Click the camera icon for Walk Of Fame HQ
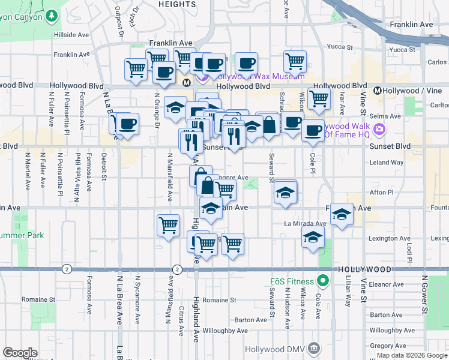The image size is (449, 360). pos(379,129)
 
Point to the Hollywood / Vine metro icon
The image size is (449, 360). pos(378,91)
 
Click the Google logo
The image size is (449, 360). pos(20,353)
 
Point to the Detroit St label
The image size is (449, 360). pos(104,166)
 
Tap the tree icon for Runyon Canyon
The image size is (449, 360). pos(52,15)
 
